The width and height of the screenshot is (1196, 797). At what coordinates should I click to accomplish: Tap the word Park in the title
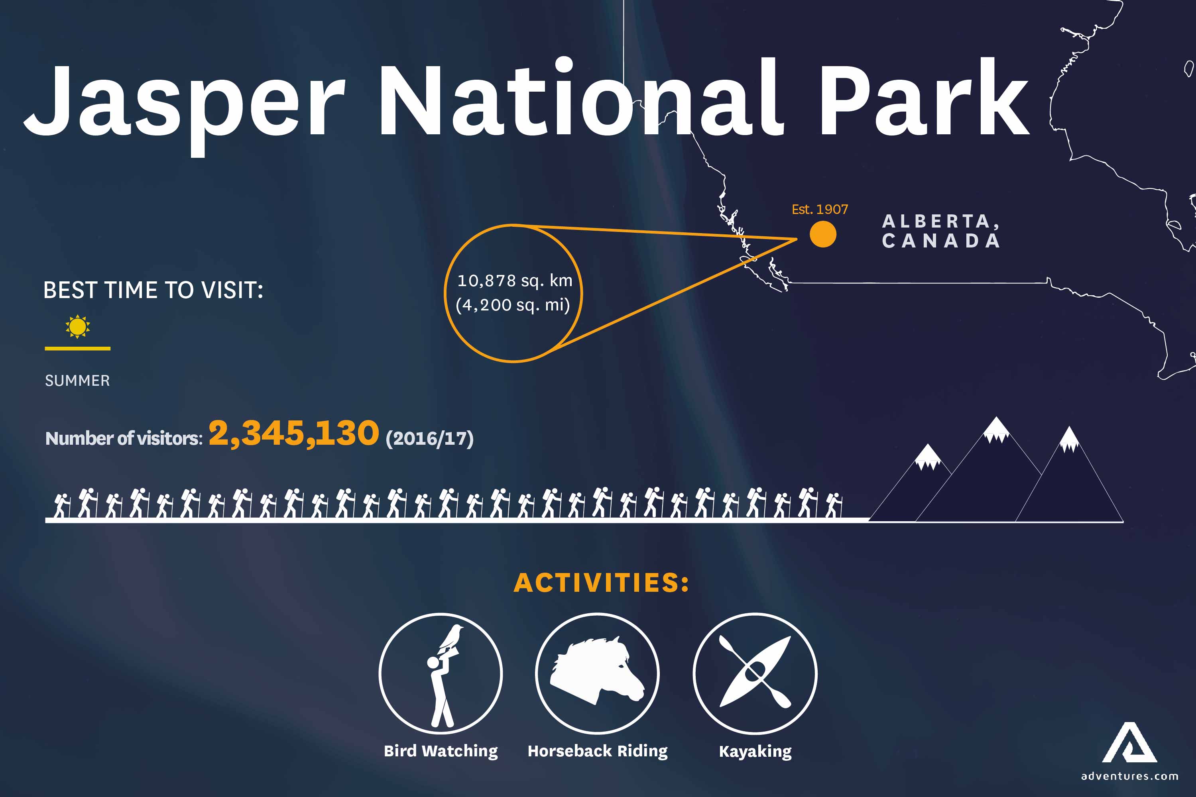coord(923,99)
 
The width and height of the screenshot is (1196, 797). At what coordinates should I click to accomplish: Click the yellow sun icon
coord(77,326)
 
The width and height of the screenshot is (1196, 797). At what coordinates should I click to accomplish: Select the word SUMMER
coord(77,381)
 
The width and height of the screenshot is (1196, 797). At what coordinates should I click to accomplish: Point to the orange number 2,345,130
coord(293,434)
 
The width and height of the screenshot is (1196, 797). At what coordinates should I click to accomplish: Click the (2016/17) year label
coord(429,438)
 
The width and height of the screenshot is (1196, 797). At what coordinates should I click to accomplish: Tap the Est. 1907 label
coord(820,210)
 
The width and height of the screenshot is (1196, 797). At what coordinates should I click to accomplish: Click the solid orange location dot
coord(823,234)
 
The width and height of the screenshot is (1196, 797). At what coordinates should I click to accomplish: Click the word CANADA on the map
coord(941,241)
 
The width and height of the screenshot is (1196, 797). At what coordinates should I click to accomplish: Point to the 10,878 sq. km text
coord(515,281)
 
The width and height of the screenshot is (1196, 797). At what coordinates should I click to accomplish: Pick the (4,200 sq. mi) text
coord(513,305)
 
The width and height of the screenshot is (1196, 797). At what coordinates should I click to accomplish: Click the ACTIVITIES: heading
coord(601,583)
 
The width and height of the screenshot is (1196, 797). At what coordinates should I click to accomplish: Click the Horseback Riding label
coord(598,751)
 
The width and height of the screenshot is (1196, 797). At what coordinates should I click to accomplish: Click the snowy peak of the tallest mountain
coord(995,430)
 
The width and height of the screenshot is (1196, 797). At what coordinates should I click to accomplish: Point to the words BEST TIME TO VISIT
coord(153,290)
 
